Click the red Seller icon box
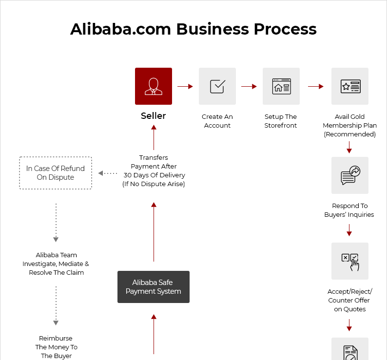pyautogui.click(x=154, y=86)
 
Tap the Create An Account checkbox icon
pyautogui.click(x=217, y=86)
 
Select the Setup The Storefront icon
pyautogui.click(x=281, y=86)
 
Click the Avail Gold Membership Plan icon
pyautogui.click(x=350, y=86)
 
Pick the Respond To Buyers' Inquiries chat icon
pyautogui.click(x=350, y=175)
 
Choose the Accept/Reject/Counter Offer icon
pyautogui.click(x=350, y=261)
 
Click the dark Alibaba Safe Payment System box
pyautogui.click(x=154, y=287)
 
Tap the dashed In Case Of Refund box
pyautogui.click(x=56, y=173)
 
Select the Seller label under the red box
pyautogui.click(x=154, y=116)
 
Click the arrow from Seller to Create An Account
pyautogui.click(x=185, y=86)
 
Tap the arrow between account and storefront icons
pyautogui.click(x=249, y=86)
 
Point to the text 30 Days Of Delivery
pyautogui.click(x=154, y=175)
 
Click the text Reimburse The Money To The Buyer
pyautogui.click(x=57, y=347)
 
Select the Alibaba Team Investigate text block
pyautogui.click(x=56, y=264)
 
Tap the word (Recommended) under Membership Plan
pyautogui.click(x=350, y=134)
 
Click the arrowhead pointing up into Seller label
pyautogui.click(x=154, y=128)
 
